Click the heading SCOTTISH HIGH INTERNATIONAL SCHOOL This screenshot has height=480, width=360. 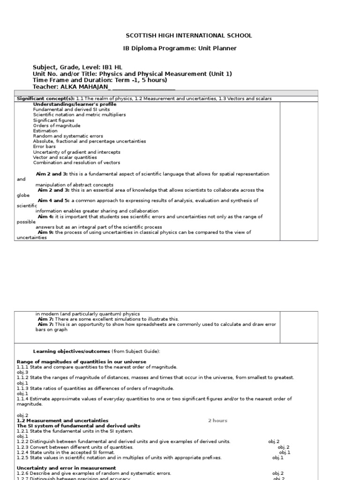tap(189, 36)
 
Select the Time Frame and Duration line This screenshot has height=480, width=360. tap(100, 80)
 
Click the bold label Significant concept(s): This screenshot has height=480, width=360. tap(45, 98)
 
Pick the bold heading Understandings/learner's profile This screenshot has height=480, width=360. tap(75, 104)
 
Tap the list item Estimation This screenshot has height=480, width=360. tap(45, 131)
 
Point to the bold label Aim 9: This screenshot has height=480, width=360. tap(45, 232)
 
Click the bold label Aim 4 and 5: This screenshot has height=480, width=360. tap(54, 200)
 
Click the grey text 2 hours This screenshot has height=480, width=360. tap(217, 420)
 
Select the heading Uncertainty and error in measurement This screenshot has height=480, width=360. tap(66, 468)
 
